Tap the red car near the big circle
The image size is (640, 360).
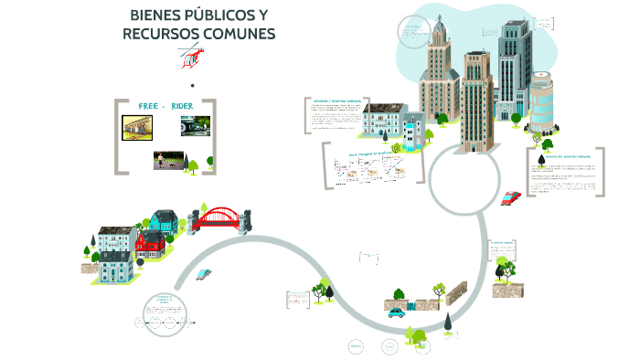tap(510, 197)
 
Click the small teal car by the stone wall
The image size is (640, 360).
tap(395, 312)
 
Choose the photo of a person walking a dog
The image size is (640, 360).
tap(166, 161)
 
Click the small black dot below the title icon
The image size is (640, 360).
tap(192, 86)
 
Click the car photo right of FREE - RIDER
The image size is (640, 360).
tap(194, 126)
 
